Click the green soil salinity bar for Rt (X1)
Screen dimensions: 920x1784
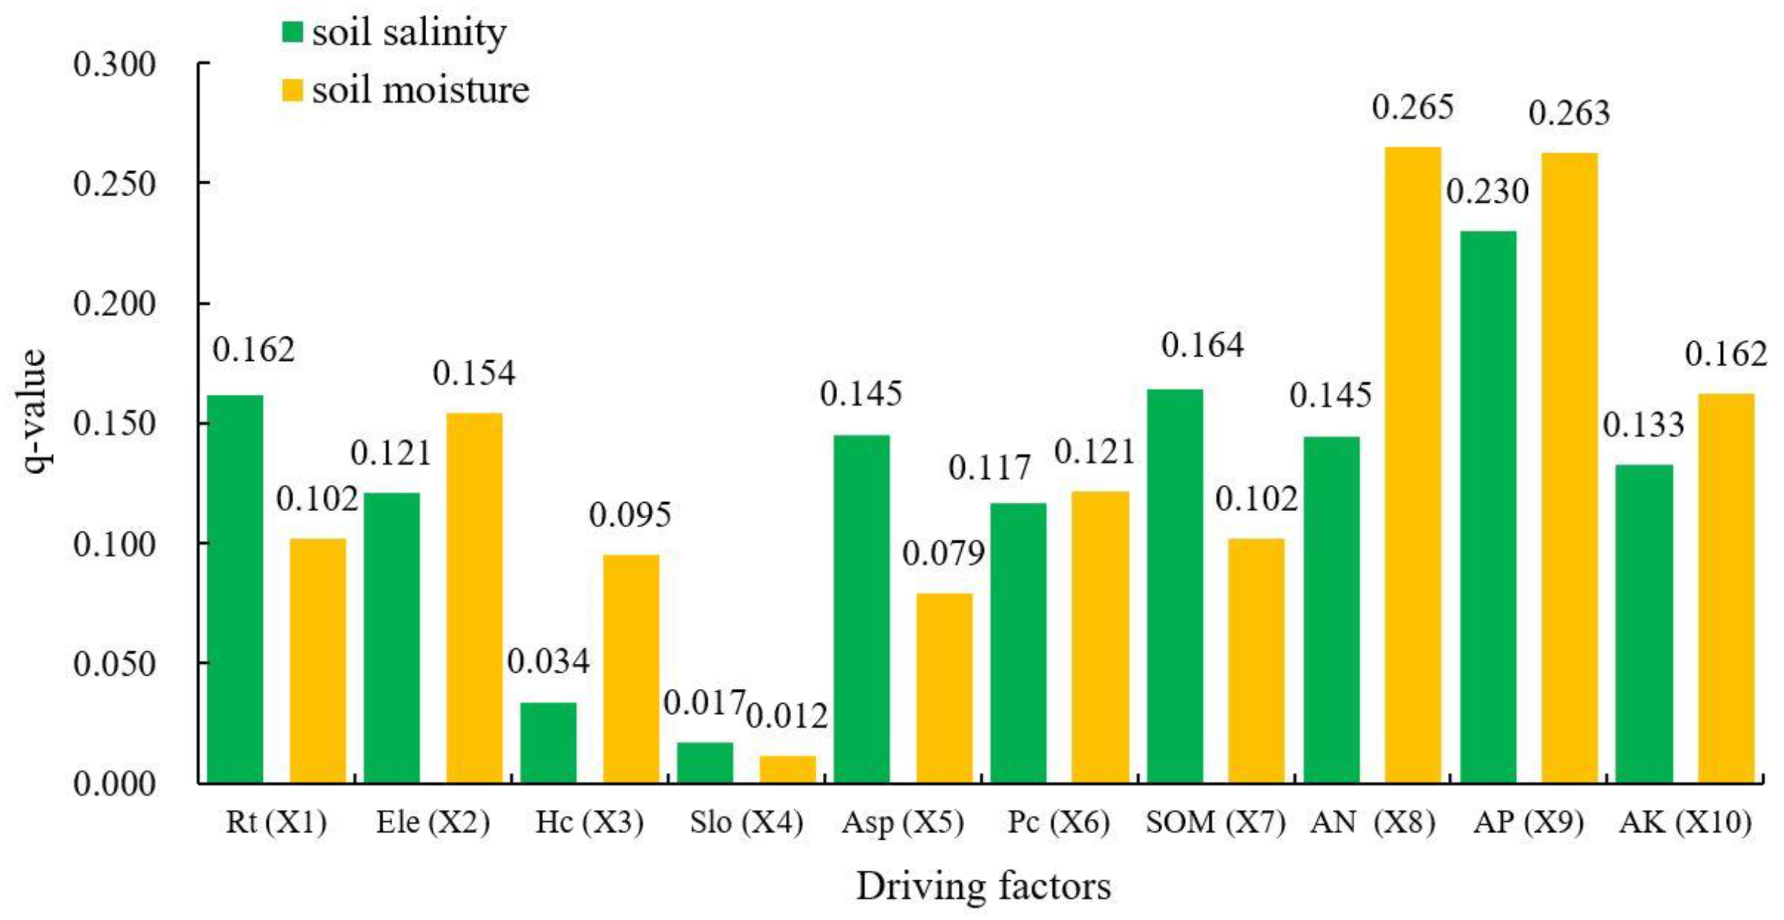tap(235, 588)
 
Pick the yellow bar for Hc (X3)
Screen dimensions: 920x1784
tap(630, 669)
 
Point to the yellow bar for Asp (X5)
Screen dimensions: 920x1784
tap(944, 688)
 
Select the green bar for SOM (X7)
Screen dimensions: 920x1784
tap(1175, 585)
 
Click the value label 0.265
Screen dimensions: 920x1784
tap(1413, 108)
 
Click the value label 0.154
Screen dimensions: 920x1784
tap(474, 373)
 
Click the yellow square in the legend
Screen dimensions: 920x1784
tap(292, 90)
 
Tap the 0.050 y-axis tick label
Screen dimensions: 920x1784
tap(114, 664)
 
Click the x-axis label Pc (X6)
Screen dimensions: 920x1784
tap(1058, 823)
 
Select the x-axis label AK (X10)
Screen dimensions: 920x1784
tap(1684, 823)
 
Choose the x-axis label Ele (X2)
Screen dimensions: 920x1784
tap(433, 823)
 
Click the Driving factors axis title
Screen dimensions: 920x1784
tap(983, 887)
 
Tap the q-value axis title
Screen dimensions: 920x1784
tap(31, 411)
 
